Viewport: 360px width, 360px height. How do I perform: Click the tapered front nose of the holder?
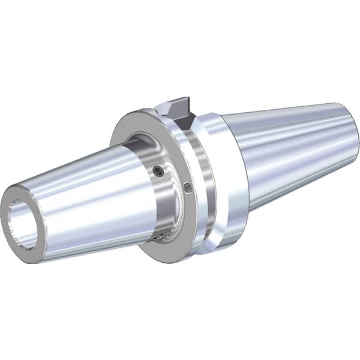point(84,198)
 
